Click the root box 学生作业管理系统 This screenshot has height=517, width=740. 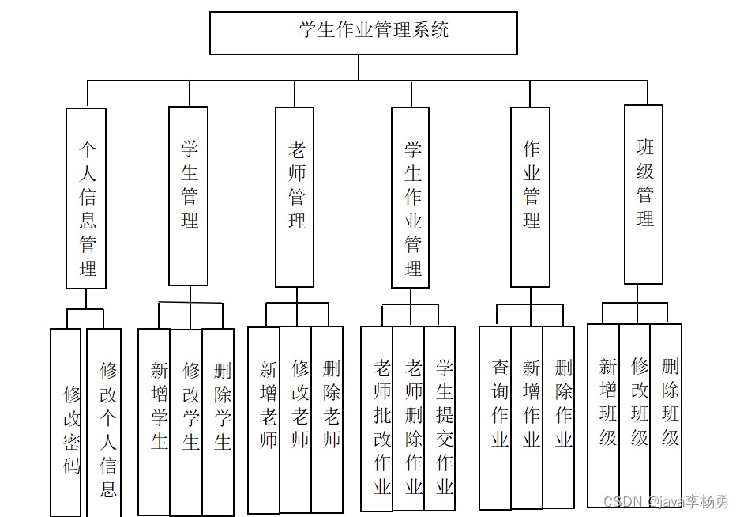coord(363,33)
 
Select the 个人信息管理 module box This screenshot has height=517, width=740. coord(86,198)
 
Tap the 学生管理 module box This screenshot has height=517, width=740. coord(189,195)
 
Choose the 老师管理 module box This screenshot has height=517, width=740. coord(295,197)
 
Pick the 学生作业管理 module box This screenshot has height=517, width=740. coord(411,198)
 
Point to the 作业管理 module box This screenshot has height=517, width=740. coord(530,197)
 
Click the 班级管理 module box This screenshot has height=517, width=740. coord(644,194)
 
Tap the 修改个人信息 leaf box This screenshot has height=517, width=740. coord(104,423)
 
